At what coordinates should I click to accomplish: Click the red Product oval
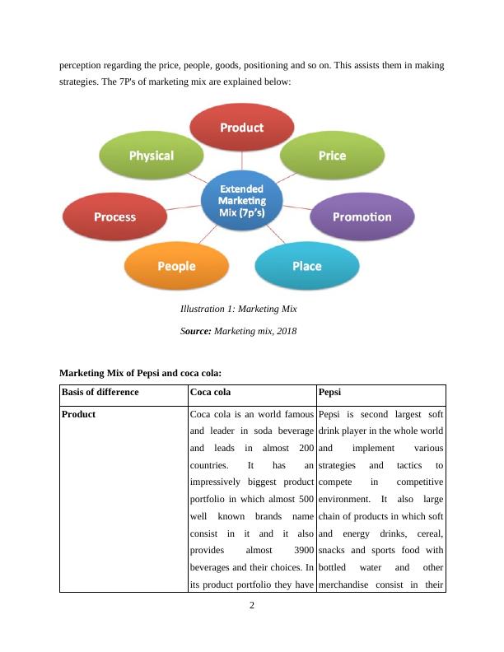point(241,128)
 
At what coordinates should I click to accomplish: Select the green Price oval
point(332,156)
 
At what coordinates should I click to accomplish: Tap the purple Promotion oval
point(362,217)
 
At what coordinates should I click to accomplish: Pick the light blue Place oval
point(306,266)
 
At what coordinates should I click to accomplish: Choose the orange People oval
point(176,266)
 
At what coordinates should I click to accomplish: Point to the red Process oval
point(114,217)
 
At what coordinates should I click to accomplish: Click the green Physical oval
point(152,156)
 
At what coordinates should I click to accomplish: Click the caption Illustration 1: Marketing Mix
point(238,310)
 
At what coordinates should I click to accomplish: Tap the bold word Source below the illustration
point(195,331)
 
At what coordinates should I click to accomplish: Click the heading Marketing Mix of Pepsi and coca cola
point(141,374)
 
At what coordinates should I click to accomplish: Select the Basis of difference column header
point(100,392)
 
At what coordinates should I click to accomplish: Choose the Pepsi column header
point(331,392)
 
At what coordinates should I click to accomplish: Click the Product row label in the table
point(79,414)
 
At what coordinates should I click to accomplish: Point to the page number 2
point(252,606)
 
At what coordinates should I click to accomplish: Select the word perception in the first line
point(82,63)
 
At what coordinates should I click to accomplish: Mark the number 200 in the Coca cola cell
point(305,449)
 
